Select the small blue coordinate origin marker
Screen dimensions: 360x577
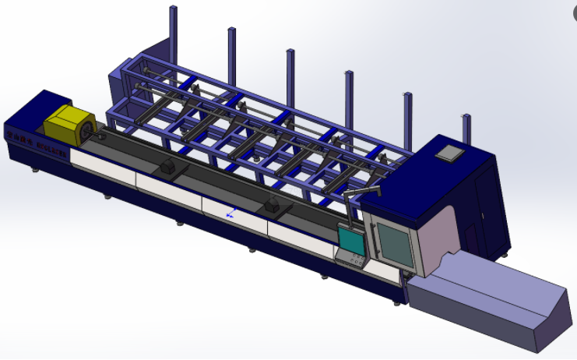tap(229, 212)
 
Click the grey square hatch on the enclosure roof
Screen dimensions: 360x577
tap(449, 152)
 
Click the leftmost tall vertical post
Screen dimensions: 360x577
tap(171, 31)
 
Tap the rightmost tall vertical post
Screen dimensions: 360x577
tap(466, 129)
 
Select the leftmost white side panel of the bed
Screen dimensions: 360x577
tap(101, 164)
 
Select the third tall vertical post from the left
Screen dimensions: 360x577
tap(290, 74)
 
